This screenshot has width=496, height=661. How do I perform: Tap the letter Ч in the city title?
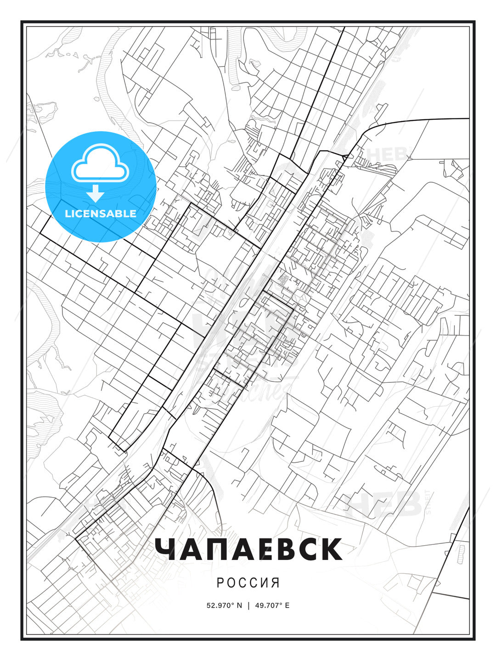point(166,549)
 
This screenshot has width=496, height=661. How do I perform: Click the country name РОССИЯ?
point(248,583)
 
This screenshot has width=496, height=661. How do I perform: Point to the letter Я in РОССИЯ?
point(276,583)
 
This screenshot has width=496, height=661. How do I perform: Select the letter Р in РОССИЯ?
point(220,583)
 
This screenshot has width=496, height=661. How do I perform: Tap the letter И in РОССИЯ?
point(265,583)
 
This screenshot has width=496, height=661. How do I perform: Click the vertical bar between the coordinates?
point(248,605)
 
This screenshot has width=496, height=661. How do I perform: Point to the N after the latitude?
point(239,605)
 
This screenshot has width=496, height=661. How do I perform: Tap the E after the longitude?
point(287,605)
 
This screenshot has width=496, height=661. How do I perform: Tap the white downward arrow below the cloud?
point(96,194)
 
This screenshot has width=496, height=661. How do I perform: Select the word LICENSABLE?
point(101,213)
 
